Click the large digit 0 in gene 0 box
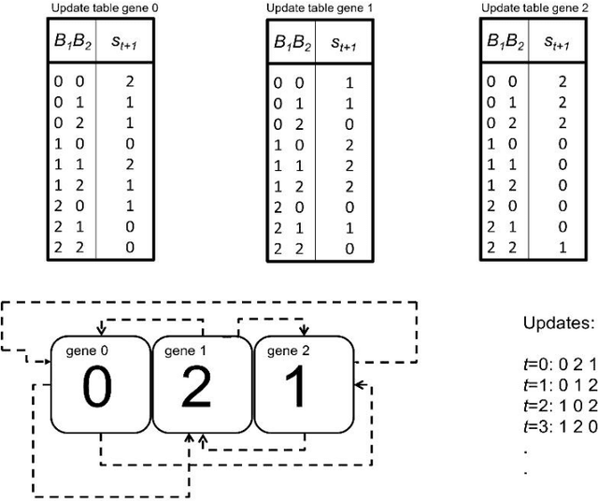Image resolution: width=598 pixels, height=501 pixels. (x=98, y=387)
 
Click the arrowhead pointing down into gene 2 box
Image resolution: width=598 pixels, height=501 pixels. (x=304, y=329)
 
